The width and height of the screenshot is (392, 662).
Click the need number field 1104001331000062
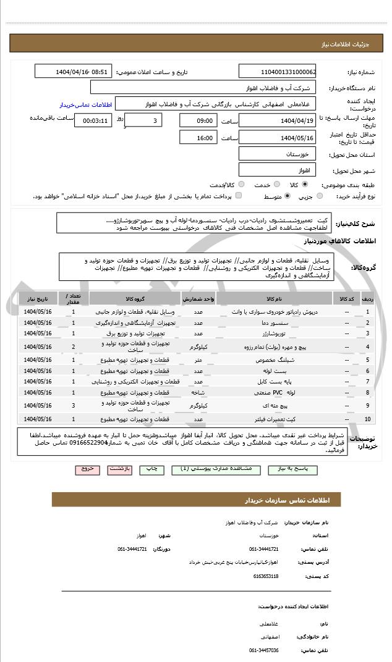tap(278, 72)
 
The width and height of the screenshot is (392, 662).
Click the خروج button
tap(88, 469)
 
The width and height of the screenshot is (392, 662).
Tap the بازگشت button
tap(119, 469)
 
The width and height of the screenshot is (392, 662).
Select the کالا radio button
tap(304, 184)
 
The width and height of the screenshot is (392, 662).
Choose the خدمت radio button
tap(275, 184)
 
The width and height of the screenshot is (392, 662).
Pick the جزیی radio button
tap(319, 196)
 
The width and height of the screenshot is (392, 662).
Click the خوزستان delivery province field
tap(278, 153)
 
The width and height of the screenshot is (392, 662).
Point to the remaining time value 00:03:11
tap(93, 120)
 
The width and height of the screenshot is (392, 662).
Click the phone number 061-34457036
tap(264, 650)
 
